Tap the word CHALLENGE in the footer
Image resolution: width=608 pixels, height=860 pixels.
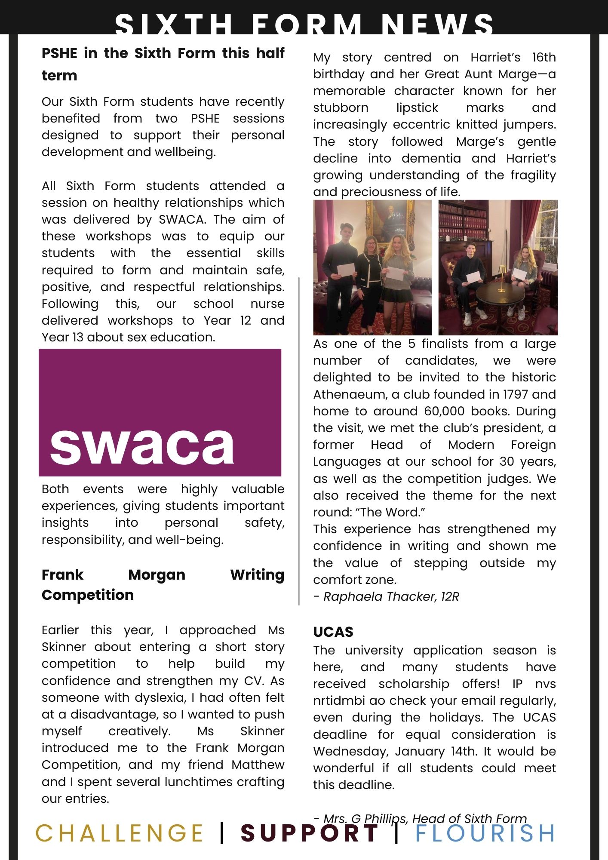pyautogui.click(x=119, y=833)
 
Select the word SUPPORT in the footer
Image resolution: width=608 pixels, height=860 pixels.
pyautogui.click(x=309, y=833)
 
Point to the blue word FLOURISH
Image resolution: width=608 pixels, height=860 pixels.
pyautogui.click(x=485, y=833)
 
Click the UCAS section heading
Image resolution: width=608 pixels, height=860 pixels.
pyautogui.click(x=333, y=632)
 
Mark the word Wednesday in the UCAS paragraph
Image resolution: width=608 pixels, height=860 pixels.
pyautogui.click(x=350, y=751)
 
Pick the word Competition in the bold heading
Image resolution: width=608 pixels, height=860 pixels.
pyautogui.click(x=88, y=595)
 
